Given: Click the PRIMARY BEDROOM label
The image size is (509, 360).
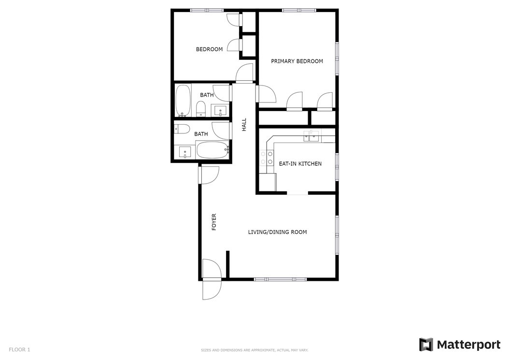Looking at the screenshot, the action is coord(297,61).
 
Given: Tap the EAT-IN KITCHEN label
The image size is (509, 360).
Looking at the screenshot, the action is coord(300,164).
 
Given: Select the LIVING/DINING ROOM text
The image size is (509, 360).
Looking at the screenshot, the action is coord(277,232).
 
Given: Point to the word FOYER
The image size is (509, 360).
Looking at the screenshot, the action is coord(214,222).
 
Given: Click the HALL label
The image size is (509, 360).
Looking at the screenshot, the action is coord(244,125).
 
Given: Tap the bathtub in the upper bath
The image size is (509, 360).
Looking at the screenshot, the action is coord(183,101).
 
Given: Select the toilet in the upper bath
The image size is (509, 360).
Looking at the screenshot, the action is coord(201,109).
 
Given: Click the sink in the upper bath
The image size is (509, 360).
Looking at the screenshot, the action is coord(220,110).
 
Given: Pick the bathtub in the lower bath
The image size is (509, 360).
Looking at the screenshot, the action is coord(213,150).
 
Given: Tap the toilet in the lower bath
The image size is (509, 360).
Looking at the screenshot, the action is coord(182,129).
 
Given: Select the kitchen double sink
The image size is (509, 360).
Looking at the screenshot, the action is coord(311,136).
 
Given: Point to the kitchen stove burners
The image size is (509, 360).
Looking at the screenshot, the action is coord(267,158).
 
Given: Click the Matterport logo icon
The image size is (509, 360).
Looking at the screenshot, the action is coord(426,345).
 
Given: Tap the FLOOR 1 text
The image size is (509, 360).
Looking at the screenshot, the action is coord(19,349).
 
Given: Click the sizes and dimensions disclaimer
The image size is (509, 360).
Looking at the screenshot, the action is coord(254,350).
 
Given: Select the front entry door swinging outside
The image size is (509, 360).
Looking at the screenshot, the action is coord(212,289).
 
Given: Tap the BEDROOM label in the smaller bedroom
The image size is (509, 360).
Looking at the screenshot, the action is coord(210,49).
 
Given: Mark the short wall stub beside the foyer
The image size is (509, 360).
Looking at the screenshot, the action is coord(228,265).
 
